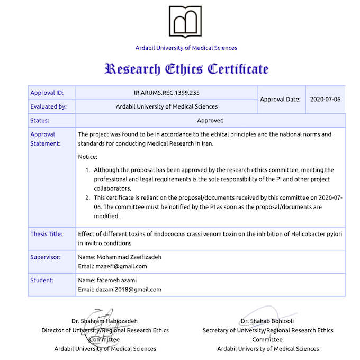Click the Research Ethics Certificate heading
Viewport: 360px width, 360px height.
[x=186, y=69]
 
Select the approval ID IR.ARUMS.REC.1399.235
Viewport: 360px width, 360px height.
[x=167, y=93]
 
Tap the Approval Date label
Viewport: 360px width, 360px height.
[x=281, y=99]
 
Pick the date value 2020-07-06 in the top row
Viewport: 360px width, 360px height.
[x=325, y=99]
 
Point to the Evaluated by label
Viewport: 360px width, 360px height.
[x=49, y=106]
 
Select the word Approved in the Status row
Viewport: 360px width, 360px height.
[x=210, y=120]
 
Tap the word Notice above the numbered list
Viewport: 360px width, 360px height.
[x=87, y=157]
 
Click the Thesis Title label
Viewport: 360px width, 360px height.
[x=46, y=233]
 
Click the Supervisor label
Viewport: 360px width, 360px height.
[x=46, y=257]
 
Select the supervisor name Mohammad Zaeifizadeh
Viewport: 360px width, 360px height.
[x=128, y=257]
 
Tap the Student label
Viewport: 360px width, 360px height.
[x=42, y=280]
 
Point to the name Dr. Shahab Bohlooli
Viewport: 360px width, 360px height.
[x=267, y=321]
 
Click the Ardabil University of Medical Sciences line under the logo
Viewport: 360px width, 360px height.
[x=186, y=48]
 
